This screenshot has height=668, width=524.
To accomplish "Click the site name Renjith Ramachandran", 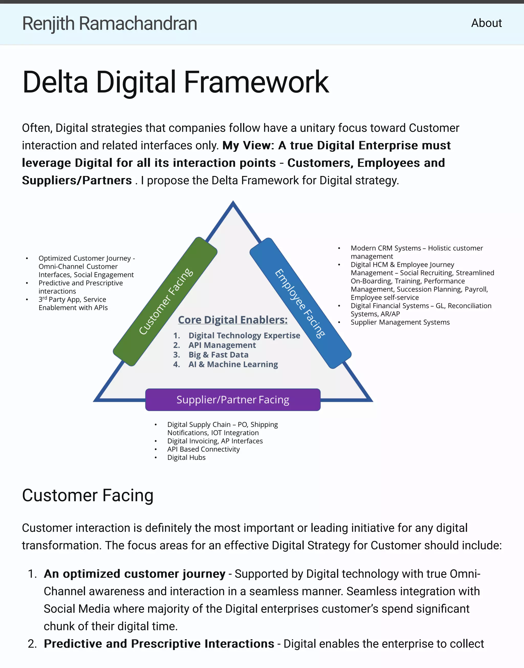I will coord(110,24).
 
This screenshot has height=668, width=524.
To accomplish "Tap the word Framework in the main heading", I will coord(256,82).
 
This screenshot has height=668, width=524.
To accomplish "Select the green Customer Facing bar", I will coord(165,301).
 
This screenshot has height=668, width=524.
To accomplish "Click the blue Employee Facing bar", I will coord(300,303).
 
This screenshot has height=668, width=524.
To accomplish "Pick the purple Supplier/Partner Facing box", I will coord(233,400).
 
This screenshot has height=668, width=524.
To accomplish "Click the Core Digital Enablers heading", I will coord(233,320).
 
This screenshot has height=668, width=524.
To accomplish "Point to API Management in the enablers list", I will coord(222,345).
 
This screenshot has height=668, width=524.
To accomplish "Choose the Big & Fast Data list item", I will coord(218,354).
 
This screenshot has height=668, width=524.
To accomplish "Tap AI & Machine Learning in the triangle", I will coord(233,364).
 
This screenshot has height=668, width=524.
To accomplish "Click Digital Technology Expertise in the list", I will coord(244,335).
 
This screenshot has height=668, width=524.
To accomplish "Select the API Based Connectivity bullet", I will coord(203,449).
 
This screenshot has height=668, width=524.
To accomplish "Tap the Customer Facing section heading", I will coord(88,495).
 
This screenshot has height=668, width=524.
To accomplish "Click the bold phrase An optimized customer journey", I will coord(134,573).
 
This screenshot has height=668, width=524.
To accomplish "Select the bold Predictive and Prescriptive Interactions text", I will coord(159,643).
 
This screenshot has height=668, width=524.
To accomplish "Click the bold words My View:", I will coord(248,145).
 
